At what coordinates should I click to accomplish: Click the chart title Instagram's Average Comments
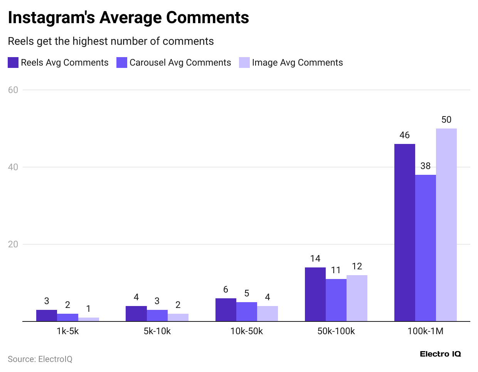(128, 18)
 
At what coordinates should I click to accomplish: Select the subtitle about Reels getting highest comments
(111, 41)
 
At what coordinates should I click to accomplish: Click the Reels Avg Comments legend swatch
(13, 63)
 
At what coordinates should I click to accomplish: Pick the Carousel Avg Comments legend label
(180, 63)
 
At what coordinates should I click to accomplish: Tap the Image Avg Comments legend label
(297, 63)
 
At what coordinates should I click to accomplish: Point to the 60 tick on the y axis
(13, 90)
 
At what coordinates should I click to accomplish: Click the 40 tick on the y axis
(13, 167)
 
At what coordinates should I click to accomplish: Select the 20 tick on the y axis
(13, 244)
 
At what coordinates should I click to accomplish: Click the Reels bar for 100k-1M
(404, 232)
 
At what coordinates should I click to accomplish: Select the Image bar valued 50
(446, 225)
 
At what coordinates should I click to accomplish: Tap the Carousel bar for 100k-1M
(425, 248)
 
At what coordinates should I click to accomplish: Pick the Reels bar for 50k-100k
(315, 294)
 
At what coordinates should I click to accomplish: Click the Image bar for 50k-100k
(357, 298)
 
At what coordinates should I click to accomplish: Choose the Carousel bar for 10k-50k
(246, 311)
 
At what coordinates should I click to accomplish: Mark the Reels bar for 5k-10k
(136, 313)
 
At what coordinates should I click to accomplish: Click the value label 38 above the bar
(425, 166)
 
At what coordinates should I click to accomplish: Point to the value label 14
(315, 259)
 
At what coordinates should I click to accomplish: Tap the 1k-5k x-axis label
(67, 331)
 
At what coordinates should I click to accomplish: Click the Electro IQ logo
(440, 354)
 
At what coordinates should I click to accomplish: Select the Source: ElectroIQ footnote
(40, 359)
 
